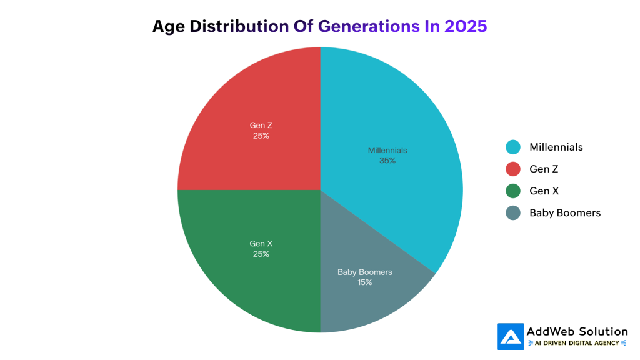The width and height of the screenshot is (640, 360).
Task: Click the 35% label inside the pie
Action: (x=387, y=161)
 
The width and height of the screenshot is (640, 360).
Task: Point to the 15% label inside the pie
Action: (x=365, y=282)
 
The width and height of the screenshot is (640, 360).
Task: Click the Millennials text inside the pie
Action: (x=387, y=150)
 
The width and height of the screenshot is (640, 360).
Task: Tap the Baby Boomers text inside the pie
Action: (x=365, y=272)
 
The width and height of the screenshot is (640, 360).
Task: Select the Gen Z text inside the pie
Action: (x=261, y=125)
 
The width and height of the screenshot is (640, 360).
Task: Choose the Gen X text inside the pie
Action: (x=261, y=244)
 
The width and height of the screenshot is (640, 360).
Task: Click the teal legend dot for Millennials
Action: (x=513, y=147)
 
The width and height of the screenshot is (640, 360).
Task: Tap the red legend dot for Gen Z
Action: (x=513, y=169)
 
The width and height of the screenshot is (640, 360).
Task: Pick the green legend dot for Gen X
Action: (x=513, y=191)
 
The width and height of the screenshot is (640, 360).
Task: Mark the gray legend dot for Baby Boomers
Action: (x=513, y=212)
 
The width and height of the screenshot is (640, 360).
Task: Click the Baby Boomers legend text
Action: (x=565, y=212)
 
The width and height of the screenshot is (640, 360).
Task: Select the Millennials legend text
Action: (x=556, y=147)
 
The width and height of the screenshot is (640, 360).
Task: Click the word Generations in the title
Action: (x=368, y=26)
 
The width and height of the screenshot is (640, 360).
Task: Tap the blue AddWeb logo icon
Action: (x=511, y=336)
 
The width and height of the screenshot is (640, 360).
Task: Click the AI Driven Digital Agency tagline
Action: (x=577, y=343)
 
